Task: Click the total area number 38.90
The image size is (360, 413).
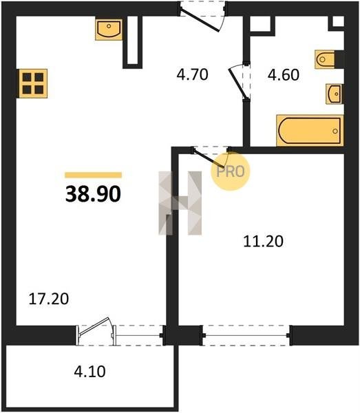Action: [93, 194]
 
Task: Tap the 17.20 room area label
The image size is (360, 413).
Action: [49, 299]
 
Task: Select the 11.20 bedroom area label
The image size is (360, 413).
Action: [263, 242]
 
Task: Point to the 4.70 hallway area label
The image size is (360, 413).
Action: [193, 74]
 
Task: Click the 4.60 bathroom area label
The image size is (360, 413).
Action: [284, 75]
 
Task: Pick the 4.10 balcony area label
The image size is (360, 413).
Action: [89, 372]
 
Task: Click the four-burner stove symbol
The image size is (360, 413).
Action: [33, 83]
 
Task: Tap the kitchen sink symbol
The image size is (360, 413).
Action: [109, 30]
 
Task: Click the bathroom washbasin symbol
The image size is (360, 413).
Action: [335, 94]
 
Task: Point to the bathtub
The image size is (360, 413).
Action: [310, 130]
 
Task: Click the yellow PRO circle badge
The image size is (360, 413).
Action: [230, 171]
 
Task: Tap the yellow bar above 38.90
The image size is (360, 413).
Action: [93, 175]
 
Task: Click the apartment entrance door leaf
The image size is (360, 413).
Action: [200, 19]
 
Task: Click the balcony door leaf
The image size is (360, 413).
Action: [94, 327]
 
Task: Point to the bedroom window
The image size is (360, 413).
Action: [246, 335]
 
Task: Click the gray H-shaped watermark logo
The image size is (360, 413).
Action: [180, 203]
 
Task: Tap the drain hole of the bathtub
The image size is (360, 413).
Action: [335, 131]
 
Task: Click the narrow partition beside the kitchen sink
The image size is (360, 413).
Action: [132, 42]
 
